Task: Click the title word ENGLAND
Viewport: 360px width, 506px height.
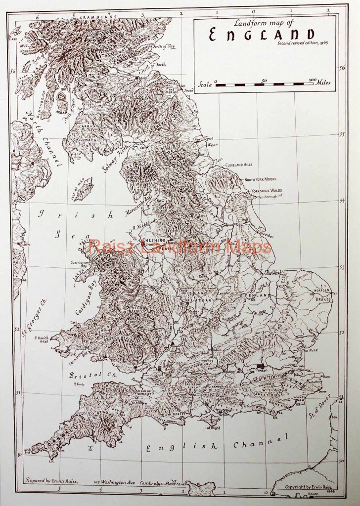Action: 262,35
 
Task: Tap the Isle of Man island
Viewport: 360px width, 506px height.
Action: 83,189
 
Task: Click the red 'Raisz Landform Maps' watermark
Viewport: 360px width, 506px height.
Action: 180,246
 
